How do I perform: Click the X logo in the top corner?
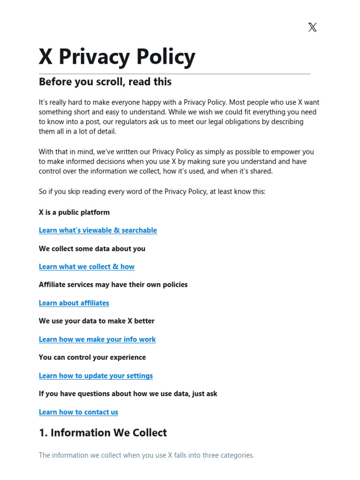(x=312, y=27)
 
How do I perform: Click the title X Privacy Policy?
(x=117, y=57)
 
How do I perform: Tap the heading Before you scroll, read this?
(x=105, y=82)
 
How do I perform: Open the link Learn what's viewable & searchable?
(x=97, y=230)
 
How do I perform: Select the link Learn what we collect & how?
(x=86, y=267)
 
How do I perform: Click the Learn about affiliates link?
(x=74, y=303)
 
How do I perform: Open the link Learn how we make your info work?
(x=97, y=339)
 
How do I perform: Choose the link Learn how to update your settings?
(x=96, y=375)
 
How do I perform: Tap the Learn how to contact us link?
(x=78, y=412)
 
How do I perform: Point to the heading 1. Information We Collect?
(x=103, y=433)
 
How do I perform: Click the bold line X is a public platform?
(x=74, y=212)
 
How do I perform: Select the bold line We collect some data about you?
(x=92, y=248)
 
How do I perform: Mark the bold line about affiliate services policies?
(x=113, y=285)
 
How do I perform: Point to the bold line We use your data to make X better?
(x=97, y=321)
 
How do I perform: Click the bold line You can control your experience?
(x=92, y=357)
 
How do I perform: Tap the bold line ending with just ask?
(x=128, y=394)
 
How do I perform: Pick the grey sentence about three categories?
(x=146, y=455)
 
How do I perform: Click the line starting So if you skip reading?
(x=152, y=192)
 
